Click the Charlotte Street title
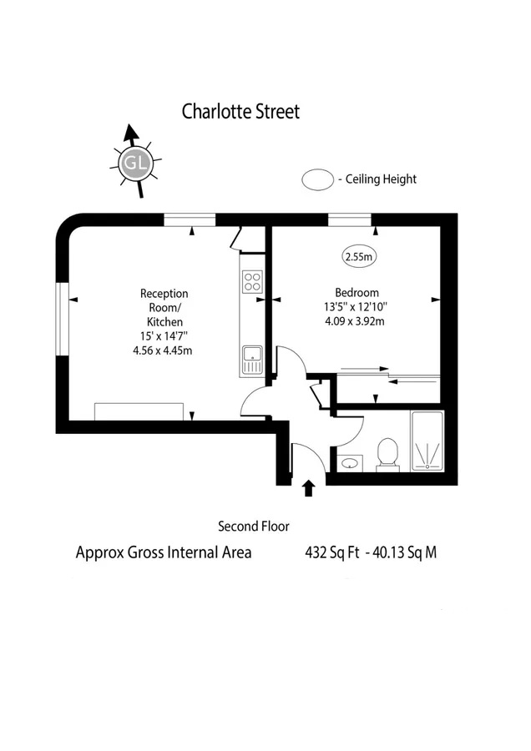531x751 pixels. pos(240,112)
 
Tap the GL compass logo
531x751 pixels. pos(135,163)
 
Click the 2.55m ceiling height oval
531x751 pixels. pos(359,256)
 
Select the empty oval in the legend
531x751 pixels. pos(318,179)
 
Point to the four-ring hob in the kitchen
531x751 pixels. pos(252,282)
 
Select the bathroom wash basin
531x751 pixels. pos(350,463)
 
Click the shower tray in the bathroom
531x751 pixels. pos(427,441)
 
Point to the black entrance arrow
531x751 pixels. pos(309,487)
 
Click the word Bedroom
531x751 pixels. pos(357,293)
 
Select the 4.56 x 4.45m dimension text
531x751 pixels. pos(163,350)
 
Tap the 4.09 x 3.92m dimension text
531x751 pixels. pos(355,321)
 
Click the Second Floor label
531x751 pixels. pos(254,527)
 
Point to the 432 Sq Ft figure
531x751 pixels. pos(332,552)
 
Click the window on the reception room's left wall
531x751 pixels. pos(63,319)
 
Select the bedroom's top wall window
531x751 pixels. pos(350,219)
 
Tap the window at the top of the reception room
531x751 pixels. pos(190,219)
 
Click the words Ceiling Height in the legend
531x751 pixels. pos(381,179)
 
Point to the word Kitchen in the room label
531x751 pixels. pos(164,322)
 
